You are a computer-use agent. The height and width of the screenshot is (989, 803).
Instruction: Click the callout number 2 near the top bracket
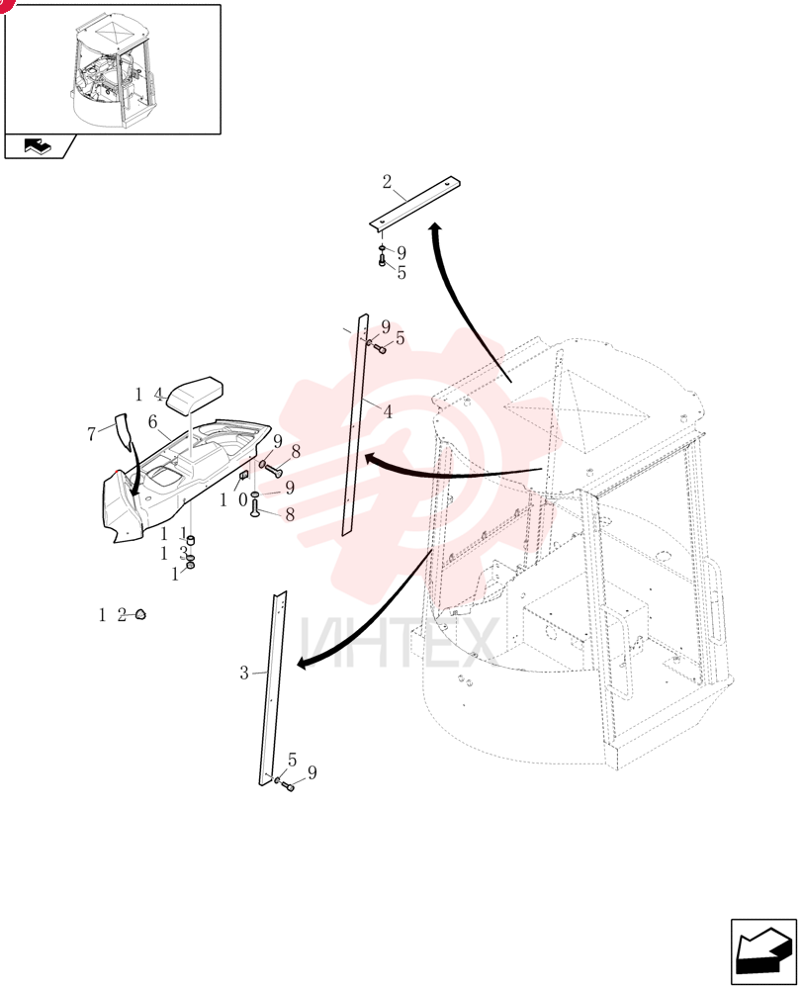point(387,182)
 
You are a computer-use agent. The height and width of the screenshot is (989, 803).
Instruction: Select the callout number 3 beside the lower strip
point(244,673)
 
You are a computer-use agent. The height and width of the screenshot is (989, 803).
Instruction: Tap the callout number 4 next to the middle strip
point(388,411)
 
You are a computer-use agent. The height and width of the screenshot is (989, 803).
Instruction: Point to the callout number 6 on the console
point(152,422)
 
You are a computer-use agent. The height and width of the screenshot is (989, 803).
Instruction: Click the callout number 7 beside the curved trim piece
point(91,434)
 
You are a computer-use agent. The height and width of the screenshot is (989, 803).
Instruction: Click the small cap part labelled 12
point(140,614)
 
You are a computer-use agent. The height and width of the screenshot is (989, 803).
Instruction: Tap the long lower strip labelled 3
point(273,688)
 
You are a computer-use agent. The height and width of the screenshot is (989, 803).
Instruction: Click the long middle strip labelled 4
point(354,424)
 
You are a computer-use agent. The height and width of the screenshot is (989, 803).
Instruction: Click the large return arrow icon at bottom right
point(763,951)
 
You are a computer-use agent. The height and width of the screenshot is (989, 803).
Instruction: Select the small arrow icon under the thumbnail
point(39,146)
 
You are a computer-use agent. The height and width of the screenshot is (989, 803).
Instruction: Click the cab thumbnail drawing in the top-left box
point(114,71)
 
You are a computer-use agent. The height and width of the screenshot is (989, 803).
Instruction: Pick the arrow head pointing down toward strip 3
point(304,663)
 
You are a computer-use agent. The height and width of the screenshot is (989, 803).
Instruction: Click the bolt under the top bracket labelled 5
point(382,258)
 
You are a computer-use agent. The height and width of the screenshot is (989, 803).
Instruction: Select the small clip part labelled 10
point(244,475)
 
